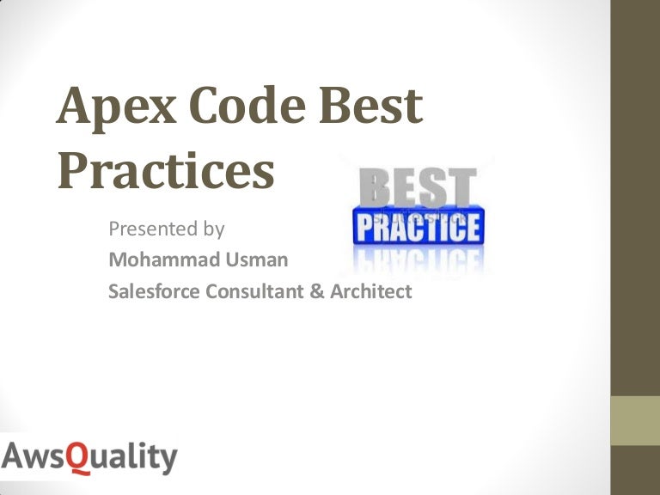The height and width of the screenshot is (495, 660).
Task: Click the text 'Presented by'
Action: point(167,229)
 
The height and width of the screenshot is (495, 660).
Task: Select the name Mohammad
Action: point(158,260)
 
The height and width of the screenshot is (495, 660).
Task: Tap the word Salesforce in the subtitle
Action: point(154,291)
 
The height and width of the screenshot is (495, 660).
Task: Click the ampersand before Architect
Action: point(315,291)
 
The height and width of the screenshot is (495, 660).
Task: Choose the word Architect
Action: point(370,291)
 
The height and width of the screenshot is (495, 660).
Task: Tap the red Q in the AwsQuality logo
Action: point(79,458)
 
